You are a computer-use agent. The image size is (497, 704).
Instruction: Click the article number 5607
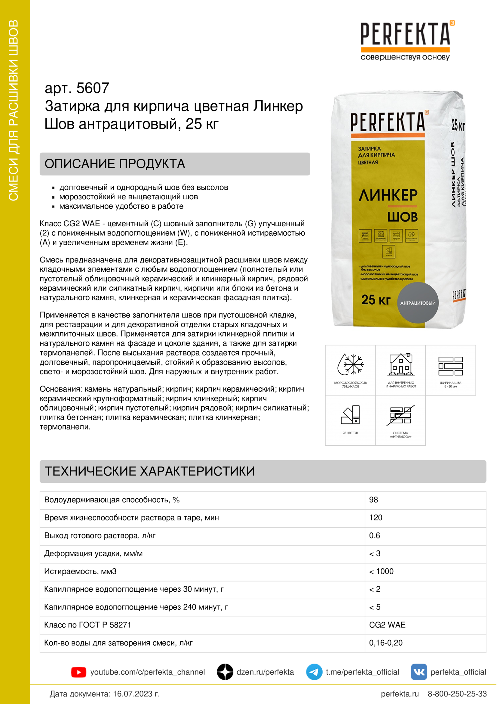(x=93, y=88)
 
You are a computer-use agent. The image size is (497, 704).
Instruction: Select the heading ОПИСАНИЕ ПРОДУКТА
(x=115, y=164)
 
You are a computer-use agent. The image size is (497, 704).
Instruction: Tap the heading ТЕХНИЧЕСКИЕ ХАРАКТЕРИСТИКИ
(x=150, y=471)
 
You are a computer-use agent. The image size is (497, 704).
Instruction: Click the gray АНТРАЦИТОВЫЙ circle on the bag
(x=418, y=302)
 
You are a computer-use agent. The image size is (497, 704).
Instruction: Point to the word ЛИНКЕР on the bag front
(x=388, y=195)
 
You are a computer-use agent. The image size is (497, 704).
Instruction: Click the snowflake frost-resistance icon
(x=350, y=365)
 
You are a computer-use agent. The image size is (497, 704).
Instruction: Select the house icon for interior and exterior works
(x=400, y=365)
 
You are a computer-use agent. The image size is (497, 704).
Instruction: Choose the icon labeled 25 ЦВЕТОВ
(x=350, y=415)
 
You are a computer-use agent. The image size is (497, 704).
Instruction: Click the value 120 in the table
(x=376, y=518)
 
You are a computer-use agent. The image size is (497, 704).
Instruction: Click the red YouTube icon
(x=79, y=672)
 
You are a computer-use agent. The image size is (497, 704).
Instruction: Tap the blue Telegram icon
(x=314, y=672)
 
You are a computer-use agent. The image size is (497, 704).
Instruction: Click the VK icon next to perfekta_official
(x=419, y=672)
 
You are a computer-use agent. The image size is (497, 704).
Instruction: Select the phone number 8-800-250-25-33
(x=457, y=694)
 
